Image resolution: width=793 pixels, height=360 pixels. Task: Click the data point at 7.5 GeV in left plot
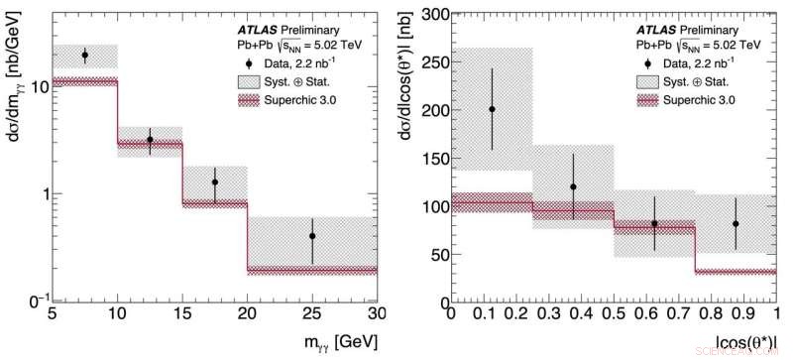84,56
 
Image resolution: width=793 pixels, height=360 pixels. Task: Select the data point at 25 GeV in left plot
312,236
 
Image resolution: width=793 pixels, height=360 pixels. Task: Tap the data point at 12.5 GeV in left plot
150,140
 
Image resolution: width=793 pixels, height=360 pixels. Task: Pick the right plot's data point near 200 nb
492,109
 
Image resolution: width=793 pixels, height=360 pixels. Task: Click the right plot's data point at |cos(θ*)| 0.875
736,224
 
